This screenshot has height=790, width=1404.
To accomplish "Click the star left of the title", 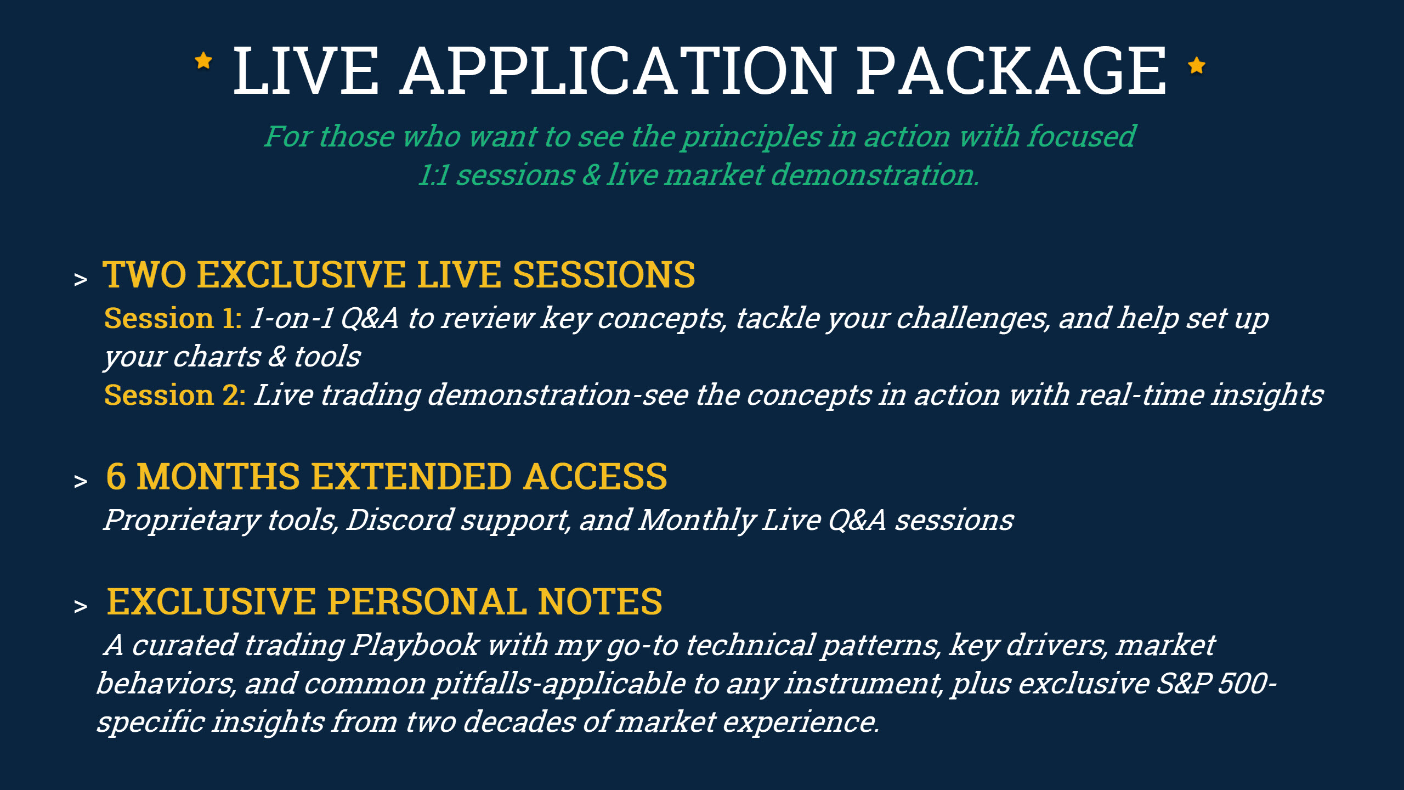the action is (203, 61).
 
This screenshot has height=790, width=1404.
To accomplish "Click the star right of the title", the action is (1197, 65).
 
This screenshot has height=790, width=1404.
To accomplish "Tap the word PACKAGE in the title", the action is (1011, 71).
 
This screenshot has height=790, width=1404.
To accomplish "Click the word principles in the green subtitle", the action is (751, 137).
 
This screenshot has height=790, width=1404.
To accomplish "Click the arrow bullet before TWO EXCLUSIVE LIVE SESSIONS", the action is (81, 280).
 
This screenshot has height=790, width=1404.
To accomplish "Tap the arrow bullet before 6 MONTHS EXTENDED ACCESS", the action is (81, 481).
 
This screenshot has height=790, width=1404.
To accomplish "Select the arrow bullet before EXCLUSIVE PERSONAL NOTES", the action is (81, 606).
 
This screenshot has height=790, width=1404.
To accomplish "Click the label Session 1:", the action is (173, 318).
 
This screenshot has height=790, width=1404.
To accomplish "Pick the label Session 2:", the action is (174, 395).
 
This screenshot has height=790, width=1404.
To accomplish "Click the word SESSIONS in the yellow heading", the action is (604, 274).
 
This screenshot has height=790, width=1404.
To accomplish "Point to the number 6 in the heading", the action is (116, 476).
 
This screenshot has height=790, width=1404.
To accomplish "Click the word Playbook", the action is (416, 645).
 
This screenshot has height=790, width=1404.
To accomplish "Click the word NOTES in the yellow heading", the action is (600, 601).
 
